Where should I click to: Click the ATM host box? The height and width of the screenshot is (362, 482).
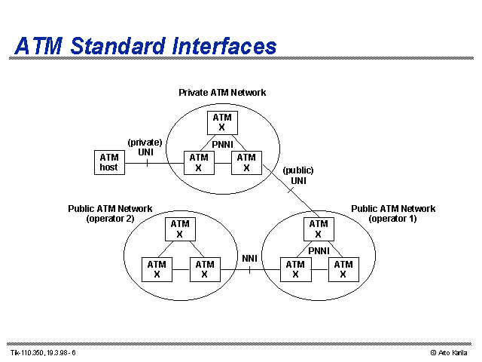tap(109, 163)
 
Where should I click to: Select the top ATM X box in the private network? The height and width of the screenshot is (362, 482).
tap(222, 123)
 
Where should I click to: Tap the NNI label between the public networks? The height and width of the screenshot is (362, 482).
tap(249, 258)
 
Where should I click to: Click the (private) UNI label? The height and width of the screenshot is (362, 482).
tap(145, 147)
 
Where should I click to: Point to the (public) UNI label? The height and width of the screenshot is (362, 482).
tap(298, 176)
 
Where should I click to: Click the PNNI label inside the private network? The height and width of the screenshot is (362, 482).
tap(223, 144)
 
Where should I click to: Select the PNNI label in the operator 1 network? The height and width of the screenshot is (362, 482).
tap(319, 251)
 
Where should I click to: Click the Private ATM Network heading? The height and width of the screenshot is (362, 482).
tap(222, 92)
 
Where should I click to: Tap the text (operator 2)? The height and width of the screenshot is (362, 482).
tap(111, 219)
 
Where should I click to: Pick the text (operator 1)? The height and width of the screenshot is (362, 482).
tap(392, 219)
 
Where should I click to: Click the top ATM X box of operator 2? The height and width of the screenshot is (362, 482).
tap(180, 229)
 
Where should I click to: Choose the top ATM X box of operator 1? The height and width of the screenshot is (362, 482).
tap(319, 229)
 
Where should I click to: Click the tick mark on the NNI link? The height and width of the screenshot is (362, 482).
tap(249, 270)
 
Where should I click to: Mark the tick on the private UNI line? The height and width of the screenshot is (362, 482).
tap(148, 163)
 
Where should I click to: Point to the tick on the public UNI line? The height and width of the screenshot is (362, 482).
tap(291, 191)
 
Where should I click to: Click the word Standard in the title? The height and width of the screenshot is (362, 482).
tap(117, 46)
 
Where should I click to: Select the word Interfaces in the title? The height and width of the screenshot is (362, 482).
tap(224, 46)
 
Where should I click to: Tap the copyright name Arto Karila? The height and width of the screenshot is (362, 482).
tap(453, 353)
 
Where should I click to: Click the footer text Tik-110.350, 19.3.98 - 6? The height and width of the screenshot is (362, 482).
tap(43, 353)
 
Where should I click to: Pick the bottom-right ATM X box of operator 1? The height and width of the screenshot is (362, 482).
tap(343, 270)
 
